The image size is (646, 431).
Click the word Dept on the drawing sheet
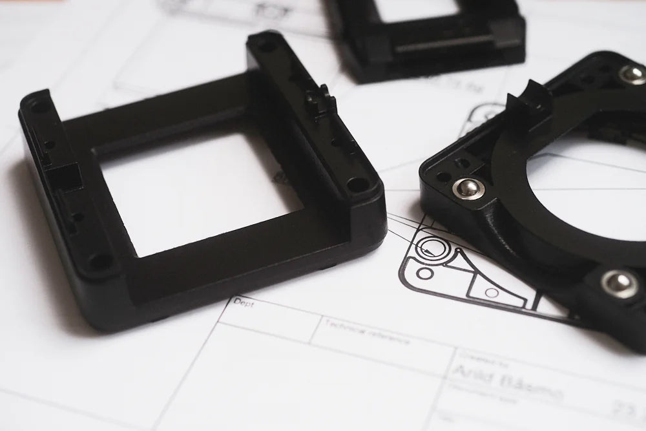click(244, 302)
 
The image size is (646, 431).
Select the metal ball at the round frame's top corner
click(632, 74)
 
